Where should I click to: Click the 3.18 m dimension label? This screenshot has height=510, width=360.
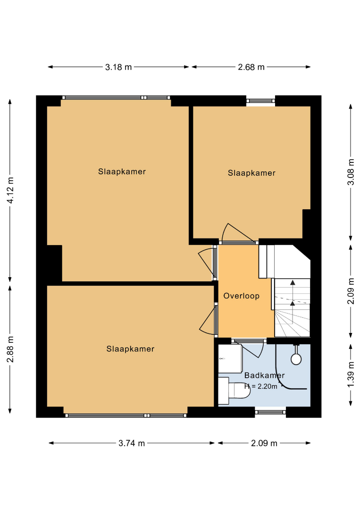click(x=118, y=67)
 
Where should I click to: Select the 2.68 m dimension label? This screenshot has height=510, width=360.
click(x=251, y=67)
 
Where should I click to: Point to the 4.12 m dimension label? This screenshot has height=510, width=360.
click(x=10, y=190)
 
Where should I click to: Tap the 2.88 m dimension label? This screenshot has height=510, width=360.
click(x=10, y=349)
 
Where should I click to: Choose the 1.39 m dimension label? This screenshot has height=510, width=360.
click(x=351, y=374)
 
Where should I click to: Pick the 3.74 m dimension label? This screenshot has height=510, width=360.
click(x=132, y=443)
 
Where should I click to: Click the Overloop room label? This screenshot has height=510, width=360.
click(x=242, y=296)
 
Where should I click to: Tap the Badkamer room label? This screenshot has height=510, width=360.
click(x=265, y=375)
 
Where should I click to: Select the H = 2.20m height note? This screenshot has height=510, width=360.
click(x=261, y=386)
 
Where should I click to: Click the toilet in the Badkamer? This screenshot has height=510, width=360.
click(x=234, y=391)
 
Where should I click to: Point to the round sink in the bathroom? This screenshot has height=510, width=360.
click(x=296, y=359)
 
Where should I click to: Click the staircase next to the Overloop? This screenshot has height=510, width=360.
click(x=292, y=307)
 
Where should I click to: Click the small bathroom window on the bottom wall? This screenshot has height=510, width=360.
click(x=270, y=412)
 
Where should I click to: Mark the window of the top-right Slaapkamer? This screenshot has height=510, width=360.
click(x=260, y=101)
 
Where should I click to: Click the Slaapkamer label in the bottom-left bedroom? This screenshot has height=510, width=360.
click(x=130, y=349)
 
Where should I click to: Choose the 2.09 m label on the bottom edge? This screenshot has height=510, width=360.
click(x=264, y=443)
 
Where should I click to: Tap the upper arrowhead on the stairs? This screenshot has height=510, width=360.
click(x=293, y=283)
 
